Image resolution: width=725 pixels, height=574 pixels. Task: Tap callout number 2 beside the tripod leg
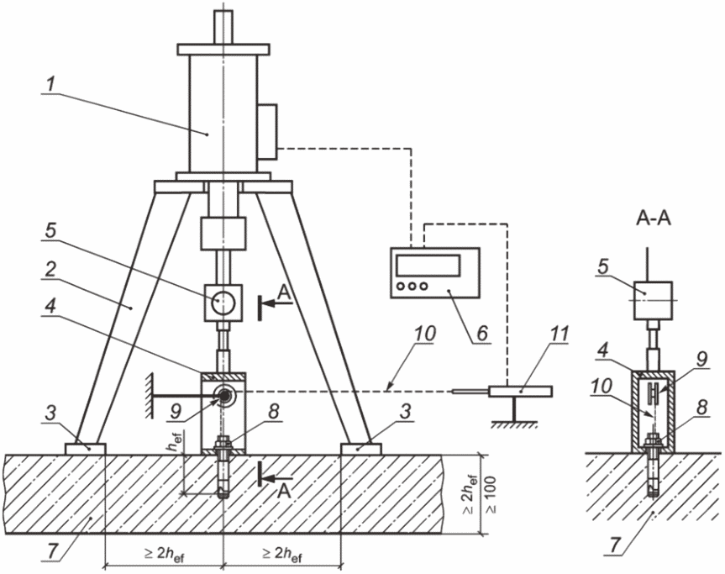[51, 270]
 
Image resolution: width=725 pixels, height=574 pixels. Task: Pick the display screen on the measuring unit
[428, 265]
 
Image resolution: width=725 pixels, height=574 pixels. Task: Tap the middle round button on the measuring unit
[412, 287]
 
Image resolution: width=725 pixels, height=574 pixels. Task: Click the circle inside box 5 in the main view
[223, 303]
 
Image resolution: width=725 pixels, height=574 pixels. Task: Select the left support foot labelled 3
[86, 449]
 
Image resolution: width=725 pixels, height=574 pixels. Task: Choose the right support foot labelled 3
[361, 449]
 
